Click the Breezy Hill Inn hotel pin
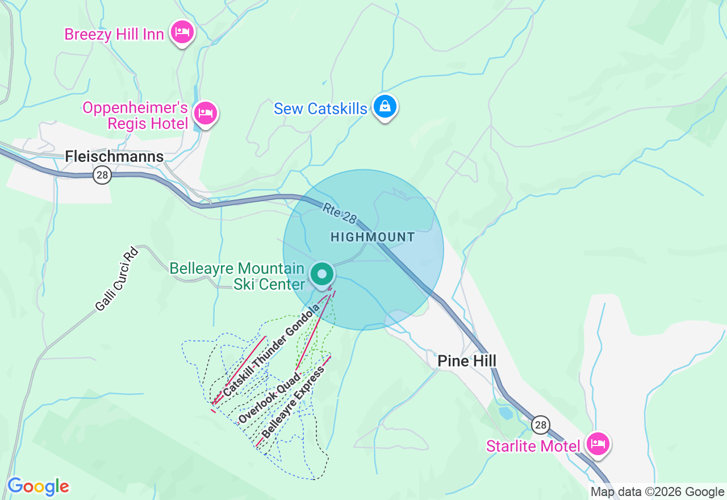coord(182,32)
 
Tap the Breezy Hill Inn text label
coord(114,34)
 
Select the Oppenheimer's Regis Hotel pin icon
coord(206,114)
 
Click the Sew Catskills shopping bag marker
coord(385,106)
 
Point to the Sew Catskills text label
coord(320,109)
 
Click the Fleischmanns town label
coord(114,156)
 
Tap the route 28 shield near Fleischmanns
coord(102,175)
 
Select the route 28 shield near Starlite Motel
coord(541,424)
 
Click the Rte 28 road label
coord(340,214)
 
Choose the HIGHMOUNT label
coord(373,237)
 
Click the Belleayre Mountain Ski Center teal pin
coord(322,274)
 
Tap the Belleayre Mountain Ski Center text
coord(237,276)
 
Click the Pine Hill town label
coord(467,361)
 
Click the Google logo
coord(38,486)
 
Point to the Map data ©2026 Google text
coord(657,492)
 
